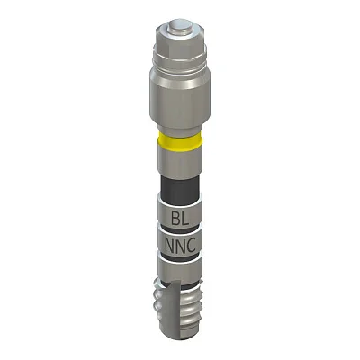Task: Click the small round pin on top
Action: [x=180, y=26]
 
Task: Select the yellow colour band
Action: [x=180, y=141]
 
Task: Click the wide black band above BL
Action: [x=180, y=186]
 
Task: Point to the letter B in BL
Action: [x=175, y=218]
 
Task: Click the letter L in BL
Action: [x=185, y=218]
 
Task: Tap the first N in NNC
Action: [x=170, y=245]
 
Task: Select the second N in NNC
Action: [x=181, y=245]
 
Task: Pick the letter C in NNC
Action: [x=191, y=245]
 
